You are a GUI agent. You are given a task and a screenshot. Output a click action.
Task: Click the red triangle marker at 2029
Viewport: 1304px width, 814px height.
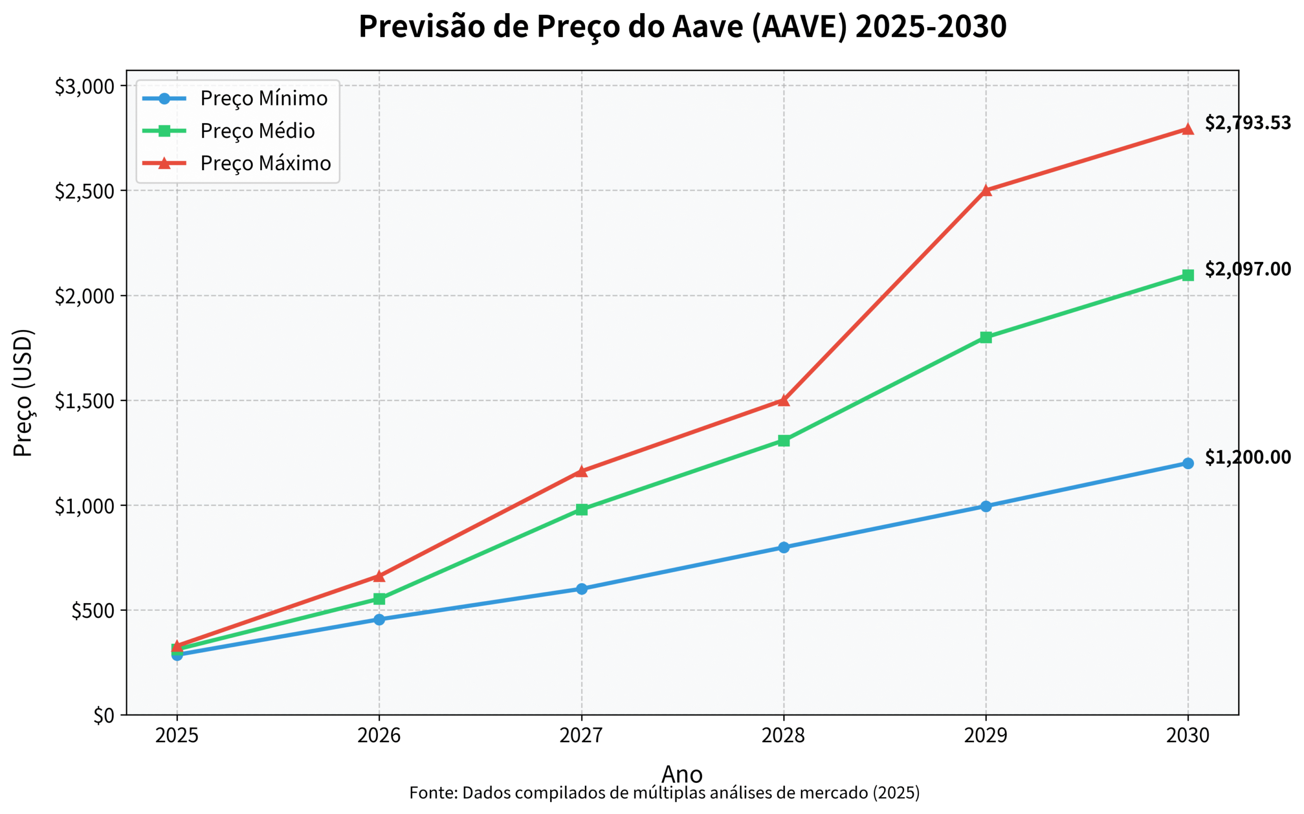click(x=986, y=190)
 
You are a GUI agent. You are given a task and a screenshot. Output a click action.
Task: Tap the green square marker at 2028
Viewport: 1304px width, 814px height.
click(x=783, y=441)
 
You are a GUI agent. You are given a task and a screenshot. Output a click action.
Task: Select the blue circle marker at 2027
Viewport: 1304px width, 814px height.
click(x=581, y=589)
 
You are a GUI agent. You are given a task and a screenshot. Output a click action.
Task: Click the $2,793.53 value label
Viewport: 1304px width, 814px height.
click(x=1247, y=123)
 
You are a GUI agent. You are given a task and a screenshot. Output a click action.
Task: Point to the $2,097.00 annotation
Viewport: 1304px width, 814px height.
click(x=1247, y=269)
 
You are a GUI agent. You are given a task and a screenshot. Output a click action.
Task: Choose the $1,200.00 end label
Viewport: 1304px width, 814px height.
click(x=1247, y=457)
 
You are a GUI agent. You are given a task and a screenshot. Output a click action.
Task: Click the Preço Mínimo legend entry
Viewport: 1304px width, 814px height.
click(x=264, y=98)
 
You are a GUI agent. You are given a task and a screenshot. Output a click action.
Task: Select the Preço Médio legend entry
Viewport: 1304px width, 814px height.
click(x=257, y=131)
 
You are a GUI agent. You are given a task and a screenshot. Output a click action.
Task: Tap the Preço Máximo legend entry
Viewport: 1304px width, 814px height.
click(x=265, y=163)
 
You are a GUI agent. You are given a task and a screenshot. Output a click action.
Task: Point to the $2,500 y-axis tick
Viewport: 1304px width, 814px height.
click(x=85, y=191)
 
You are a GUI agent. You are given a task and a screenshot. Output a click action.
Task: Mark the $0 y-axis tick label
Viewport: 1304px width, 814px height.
click(x=104, y=716)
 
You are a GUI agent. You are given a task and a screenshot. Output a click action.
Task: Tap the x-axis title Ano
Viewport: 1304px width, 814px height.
click(x=682, y=774)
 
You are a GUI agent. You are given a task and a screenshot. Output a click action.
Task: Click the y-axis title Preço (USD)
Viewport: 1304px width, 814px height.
click(x=23, y=393)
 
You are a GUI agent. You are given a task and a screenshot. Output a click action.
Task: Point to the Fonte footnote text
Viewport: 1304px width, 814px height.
click(x=664, y=793)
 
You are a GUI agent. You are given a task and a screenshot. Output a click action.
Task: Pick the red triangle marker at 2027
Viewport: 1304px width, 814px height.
click(x=581, y=471)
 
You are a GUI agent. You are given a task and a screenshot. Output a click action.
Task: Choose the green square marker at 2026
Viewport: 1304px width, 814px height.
click(x=379, y=599)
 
